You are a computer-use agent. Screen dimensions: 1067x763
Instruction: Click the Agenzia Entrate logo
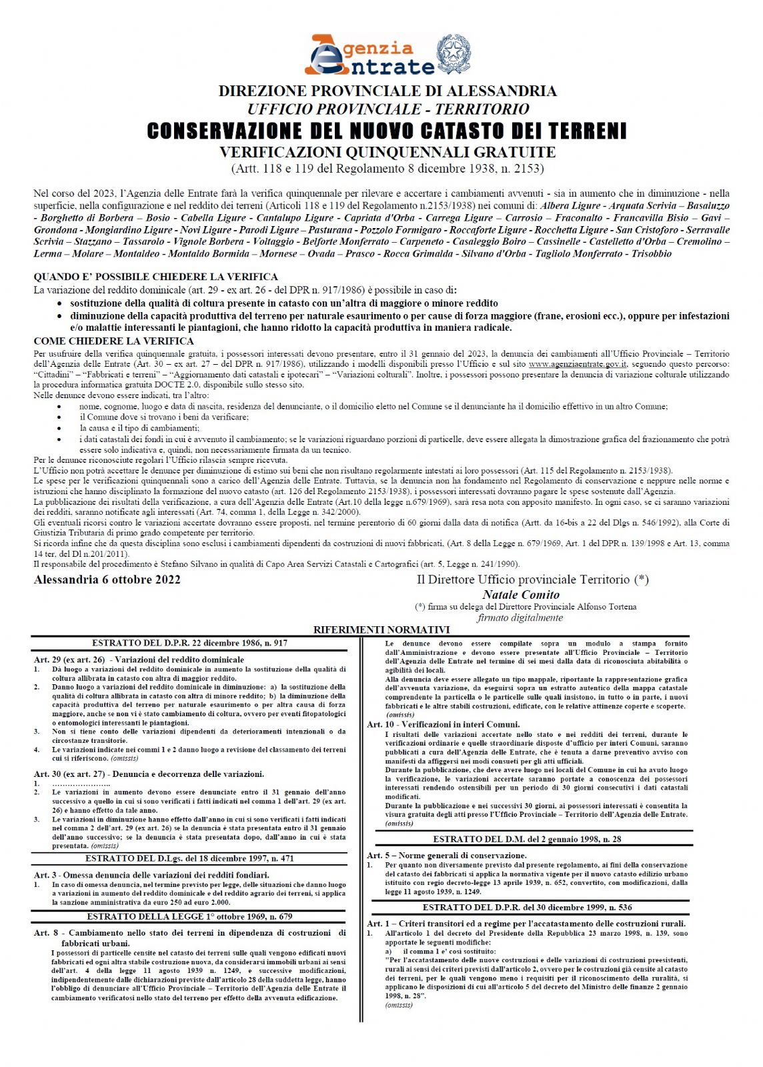(x=369, y=55)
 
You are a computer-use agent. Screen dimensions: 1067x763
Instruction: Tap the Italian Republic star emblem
(x=454, y=54)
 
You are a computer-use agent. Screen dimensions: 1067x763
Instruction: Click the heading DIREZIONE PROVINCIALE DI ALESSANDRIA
(x=387, y=91)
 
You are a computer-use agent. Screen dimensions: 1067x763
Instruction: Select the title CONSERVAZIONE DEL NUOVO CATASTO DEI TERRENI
(x=387, y=131)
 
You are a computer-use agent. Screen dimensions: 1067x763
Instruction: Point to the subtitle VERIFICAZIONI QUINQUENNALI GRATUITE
(x=387, y=153)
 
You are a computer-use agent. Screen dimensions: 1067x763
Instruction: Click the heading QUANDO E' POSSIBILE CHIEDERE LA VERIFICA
(x=156, y=277)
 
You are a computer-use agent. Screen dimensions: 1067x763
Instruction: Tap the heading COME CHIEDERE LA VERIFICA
(x=114, y=341)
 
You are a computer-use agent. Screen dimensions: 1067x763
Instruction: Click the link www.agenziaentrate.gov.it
(x=578, y=364)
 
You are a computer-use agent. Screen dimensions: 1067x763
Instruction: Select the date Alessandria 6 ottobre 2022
(x=107, y=579)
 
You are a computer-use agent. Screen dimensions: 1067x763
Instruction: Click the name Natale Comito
(x=521, y=594)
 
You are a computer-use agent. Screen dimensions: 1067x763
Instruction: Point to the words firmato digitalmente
(x=520, y=618)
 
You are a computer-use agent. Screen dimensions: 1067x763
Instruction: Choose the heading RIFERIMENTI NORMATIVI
(x=381, y=630)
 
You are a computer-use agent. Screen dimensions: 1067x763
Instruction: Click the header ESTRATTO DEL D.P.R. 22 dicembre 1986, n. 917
(x=189, y=643)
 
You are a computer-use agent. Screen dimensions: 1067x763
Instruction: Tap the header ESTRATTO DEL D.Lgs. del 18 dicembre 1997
(x=189, y=858)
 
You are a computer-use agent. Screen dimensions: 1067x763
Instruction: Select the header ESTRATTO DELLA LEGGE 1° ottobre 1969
(x=189, y=916)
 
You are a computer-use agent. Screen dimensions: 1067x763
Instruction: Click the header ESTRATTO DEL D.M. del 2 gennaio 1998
(x=527, y=839)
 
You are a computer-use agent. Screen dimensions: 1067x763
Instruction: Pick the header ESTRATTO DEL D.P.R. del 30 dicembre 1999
(x=527, y=907)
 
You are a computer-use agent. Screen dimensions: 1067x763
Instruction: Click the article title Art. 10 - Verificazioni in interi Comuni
(x=444, y=724)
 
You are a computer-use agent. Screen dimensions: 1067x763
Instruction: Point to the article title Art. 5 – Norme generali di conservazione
(x=447, y=855)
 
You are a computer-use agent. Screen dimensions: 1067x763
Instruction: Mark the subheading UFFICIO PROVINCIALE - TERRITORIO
(x=388, y=109)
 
